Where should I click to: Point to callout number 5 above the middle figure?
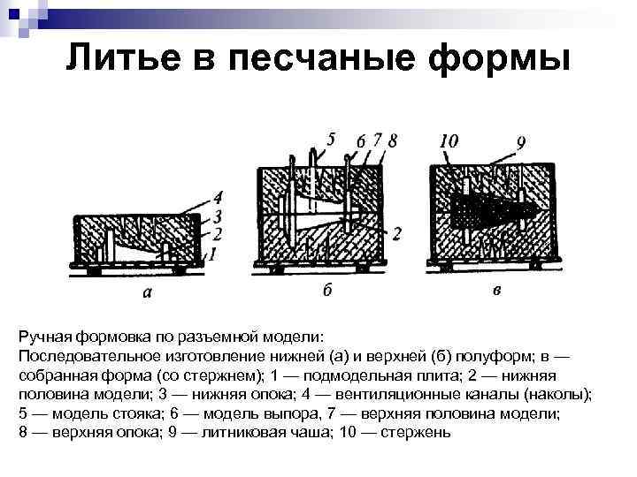pyautogui.click(x=331, y=139)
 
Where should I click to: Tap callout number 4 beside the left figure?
pyautogui.click(x=218, y=197)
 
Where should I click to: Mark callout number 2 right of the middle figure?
pyautogui.click(x=396, y=233)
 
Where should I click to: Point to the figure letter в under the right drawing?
pyautogui.click(x=496, y=291)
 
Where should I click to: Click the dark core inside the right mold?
pyautogui.click(x=482, y=208)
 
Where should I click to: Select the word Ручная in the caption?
pyautogui.click(x=42, y=337)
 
